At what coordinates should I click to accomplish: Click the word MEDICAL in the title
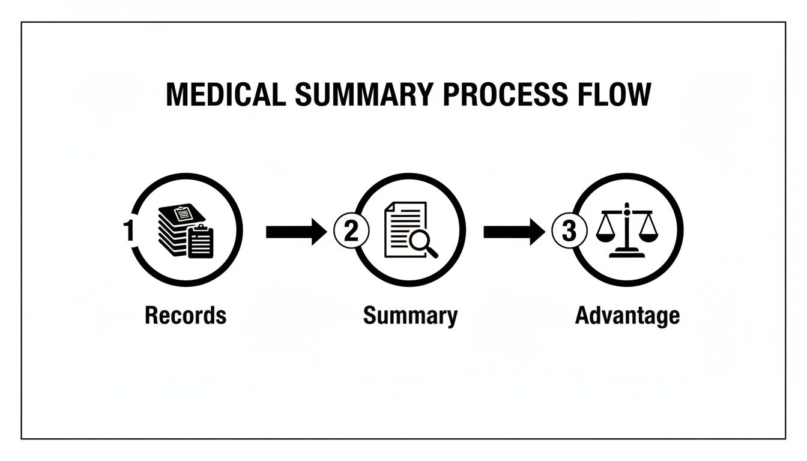tap(226, 95)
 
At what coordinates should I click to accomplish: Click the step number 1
tap(127, 231)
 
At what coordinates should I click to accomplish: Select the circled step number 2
tap(351, 232)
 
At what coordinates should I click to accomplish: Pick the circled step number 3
tap(567, 232)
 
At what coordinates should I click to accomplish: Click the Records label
tap(186, 315)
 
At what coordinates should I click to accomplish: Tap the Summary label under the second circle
tap(410, 315)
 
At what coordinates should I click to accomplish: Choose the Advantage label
tap(627, 315)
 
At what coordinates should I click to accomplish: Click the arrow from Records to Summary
tap(297, 232)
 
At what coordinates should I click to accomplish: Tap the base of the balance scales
tap(626, 254)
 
